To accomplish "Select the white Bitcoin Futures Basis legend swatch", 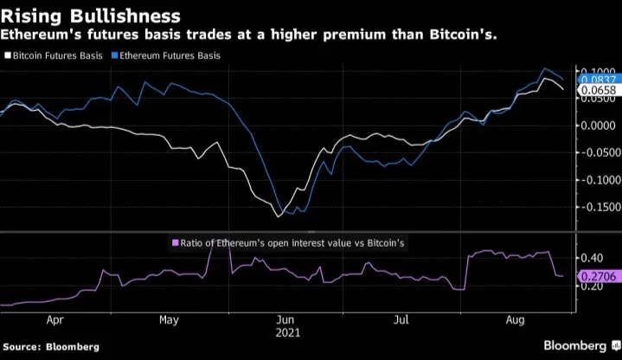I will click(x=9, y=55).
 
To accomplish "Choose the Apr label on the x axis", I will click(x=56, y=319).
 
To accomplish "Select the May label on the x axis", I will click(x=169, y=319).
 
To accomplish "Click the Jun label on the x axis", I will click(x=285, y=319).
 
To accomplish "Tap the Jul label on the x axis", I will click(x=401, y=319).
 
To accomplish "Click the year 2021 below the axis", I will click(x=285, y=331).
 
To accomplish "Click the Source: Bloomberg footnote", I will click(x=50, y=346).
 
